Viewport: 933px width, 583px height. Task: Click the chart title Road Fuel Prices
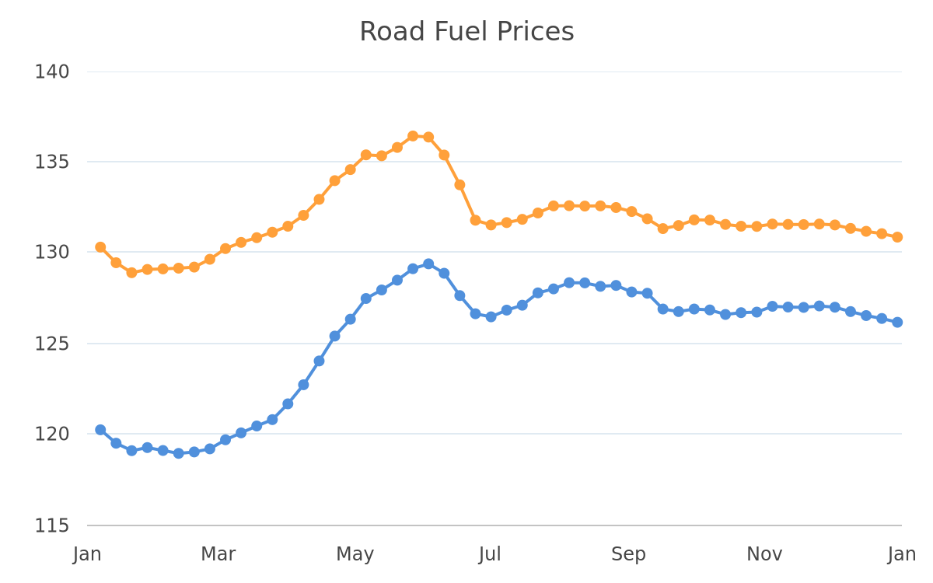(466, 32)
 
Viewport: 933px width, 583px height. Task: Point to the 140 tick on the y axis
(51, 72)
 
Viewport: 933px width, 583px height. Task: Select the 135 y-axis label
(51, 162)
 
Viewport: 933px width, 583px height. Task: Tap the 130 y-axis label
(51, 253)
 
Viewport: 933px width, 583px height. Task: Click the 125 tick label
(51, 344)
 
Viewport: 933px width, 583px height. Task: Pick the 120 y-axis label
(51, 435)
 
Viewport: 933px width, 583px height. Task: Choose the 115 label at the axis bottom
(51, 526)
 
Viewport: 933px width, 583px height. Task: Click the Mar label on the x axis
(218, 554)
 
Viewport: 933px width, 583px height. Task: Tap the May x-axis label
(355, 555)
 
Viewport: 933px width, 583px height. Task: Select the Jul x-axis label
(490, 555)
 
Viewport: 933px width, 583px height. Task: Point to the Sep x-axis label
(628, 555)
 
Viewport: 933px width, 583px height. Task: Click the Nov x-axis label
(764, 554)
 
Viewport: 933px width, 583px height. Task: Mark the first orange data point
(100, 247)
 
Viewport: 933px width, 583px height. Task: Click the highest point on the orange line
(413, 136)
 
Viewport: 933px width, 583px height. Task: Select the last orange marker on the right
(897, 237)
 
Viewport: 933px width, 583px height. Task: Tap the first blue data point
(100, 430)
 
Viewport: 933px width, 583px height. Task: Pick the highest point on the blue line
(428, 264)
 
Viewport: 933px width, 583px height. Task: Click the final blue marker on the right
(897, 323)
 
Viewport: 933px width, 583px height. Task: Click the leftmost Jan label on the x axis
(87, 555)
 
